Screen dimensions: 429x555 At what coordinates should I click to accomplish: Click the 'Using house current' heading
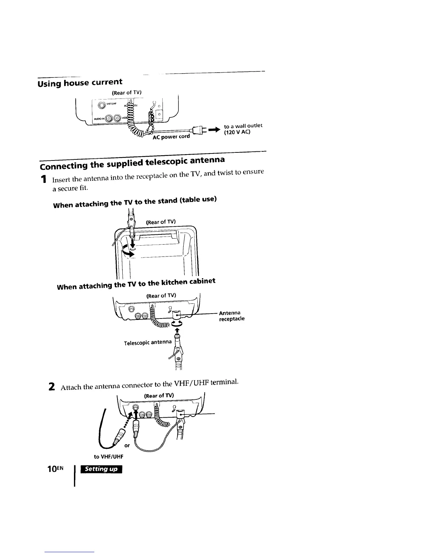(x=80, y=83)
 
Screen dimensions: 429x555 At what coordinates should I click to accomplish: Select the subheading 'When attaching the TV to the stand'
(x=135, y=202)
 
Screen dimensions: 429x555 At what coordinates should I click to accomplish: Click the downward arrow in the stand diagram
(x=132, y=241)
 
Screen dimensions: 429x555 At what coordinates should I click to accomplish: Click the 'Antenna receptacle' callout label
(x=231, y=316)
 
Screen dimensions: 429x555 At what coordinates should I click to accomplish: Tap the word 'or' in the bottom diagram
(x=127, y=446)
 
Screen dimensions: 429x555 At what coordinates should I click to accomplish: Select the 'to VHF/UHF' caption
(x=109, y=457)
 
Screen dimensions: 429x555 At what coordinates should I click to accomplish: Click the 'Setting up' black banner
(x=101, y=469)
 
